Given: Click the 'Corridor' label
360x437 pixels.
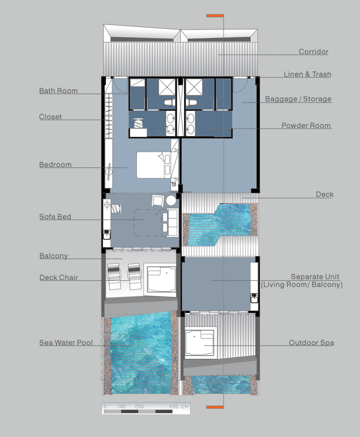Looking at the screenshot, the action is (314, 52).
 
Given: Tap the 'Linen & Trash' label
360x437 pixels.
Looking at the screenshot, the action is (307, 74).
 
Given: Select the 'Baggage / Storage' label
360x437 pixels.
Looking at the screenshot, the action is (298, 99).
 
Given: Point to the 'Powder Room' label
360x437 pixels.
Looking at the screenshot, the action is (306, 125).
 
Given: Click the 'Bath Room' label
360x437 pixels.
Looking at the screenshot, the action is (58, 90).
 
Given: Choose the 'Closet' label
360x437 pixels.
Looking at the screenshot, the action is (50, 116).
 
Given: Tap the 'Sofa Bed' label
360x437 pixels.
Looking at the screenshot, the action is (55, 217).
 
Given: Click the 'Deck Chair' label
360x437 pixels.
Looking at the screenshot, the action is (58, 277).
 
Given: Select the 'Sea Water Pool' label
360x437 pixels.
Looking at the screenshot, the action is (66, 343).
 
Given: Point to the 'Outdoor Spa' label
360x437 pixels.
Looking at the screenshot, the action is (311, 343).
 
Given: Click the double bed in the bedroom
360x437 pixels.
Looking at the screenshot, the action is (153, 165).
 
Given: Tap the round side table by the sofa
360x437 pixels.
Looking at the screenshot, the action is (171, 201).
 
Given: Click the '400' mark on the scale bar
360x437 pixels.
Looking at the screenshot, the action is (173, 406).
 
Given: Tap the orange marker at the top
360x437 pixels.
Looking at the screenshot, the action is (215, 16).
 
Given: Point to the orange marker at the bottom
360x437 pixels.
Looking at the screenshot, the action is (215, 407).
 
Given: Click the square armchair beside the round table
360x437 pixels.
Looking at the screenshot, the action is (158, 201).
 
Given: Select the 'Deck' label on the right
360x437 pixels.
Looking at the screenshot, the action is (324, 194).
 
